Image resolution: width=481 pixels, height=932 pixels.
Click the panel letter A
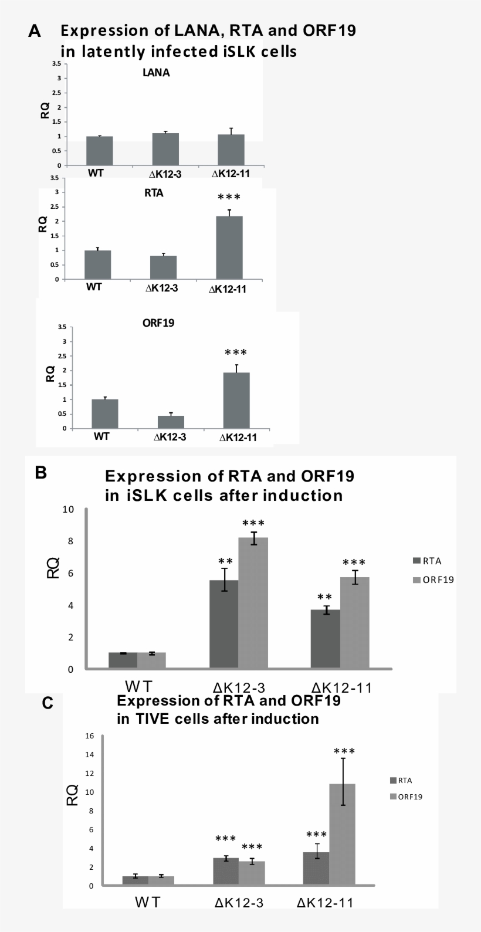pos(35,32)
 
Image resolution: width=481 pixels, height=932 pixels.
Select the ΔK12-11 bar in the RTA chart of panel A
pos(229,248)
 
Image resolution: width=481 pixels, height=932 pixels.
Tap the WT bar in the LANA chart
pos(99,151)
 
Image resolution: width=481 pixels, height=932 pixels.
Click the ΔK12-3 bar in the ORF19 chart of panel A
pos(171,422)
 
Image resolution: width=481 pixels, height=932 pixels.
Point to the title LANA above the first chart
pos(156,73)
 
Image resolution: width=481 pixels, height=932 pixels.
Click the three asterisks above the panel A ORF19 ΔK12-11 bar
pos(236,353)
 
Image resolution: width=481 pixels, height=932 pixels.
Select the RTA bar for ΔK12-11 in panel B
pos(325,639)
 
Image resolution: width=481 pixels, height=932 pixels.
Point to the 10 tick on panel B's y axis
pos(68,509)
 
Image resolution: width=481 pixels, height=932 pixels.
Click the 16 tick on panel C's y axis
pos(89,736)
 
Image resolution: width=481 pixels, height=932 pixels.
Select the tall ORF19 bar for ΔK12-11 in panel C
pos(342,834)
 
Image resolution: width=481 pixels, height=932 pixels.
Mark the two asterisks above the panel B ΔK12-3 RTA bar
pos(226,561)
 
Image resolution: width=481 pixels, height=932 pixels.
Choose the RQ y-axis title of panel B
pos(53,568)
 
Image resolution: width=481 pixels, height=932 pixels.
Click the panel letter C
pos(48,703)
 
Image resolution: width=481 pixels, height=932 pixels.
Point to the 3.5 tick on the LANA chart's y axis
pos(57,63)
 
